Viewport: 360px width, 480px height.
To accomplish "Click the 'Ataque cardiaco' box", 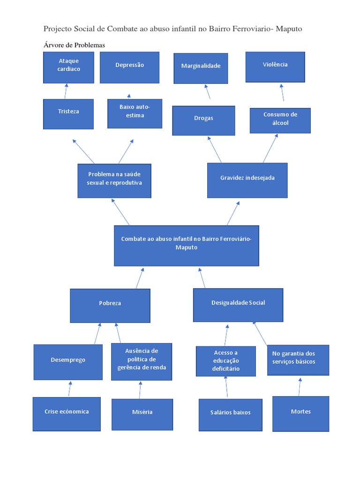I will (x=69, y=67).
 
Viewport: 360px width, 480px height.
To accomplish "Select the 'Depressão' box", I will (x=130, y=67).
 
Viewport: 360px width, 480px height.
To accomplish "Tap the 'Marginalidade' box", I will (x=201, y=68).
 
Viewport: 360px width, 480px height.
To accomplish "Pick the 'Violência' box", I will (x=275, y=67).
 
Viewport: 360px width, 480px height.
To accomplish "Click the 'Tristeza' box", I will (x=68, y=114).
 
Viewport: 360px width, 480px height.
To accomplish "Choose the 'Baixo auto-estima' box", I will (x=135, y=113).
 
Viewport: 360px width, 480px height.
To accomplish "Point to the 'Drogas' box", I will (x=203, y=120).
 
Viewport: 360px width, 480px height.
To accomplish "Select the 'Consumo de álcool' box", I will (x=280, y=120).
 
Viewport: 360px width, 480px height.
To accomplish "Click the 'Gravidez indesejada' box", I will (x=247, y=180).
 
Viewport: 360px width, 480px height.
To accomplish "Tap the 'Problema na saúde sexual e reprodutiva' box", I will (x=114, y=180).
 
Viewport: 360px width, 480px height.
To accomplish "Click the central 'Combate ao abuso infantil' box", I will (x=187, y=246).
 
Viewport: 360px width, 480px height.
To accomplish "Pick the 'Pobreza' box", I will (x=110, y=306).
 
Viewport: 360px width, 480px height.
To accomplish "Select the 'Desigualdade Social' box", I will (x=238, y=305).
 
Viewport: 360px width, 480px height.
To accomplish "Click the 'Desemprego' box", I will (x=68, y=362).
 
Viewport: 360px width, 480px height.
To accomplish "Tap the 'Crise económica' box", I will (x=67, y=414).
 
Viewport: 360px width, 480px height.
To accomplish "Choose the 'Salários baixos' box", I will (x=230, y=414).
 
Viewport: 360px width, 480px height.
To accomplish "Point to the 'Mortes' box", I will (x=300, y=413).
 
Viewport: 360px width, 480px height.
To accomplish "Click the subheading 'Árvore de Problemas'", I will (x=74, y=45).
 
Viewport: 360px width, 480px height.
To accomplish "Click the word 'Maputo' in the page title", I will (x=289, y=29).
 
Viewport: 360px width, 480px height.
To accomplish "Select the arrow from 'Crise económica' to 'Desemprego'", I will (x=70, y=389).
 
